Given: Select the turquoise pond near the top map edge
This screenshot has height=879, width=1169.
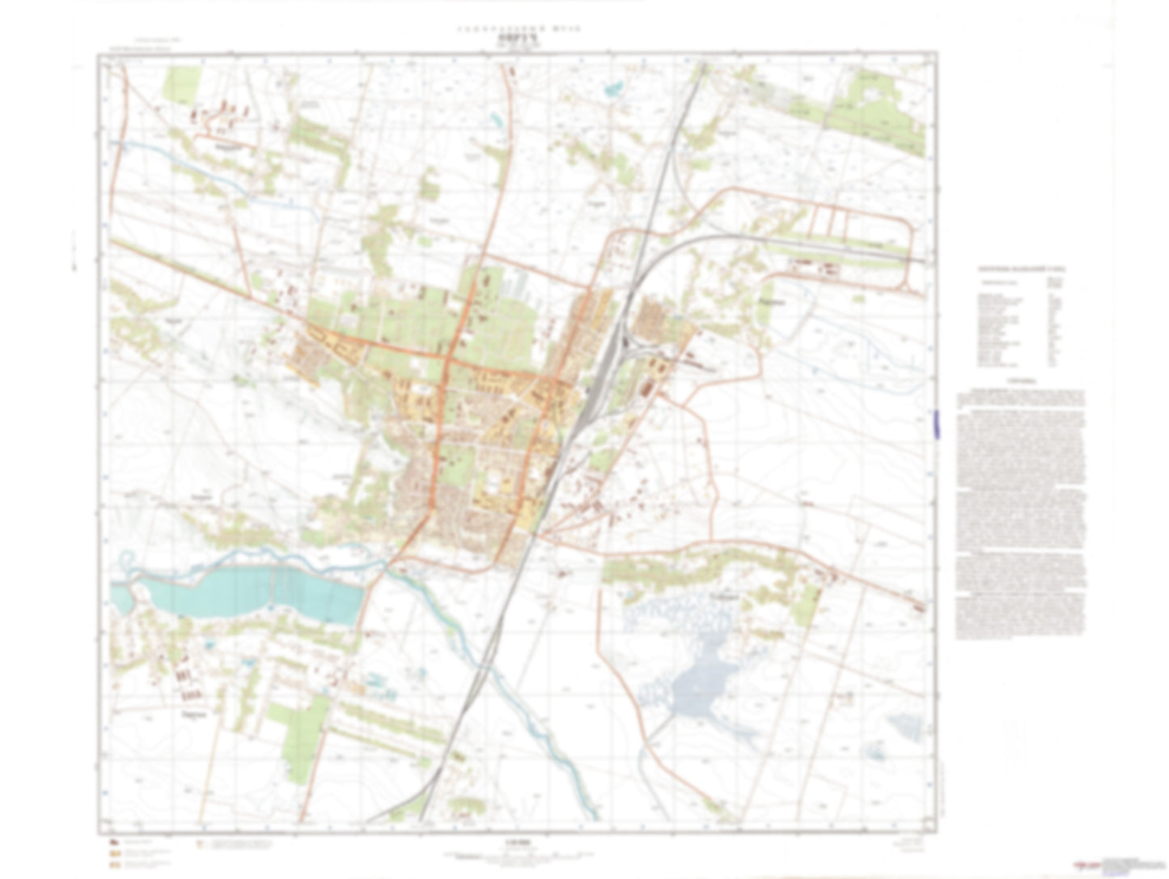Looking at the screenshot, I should tap(615, 88).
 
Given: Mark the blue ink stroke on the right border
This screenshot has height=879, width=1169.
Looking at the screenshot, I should tap(936, 424).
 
